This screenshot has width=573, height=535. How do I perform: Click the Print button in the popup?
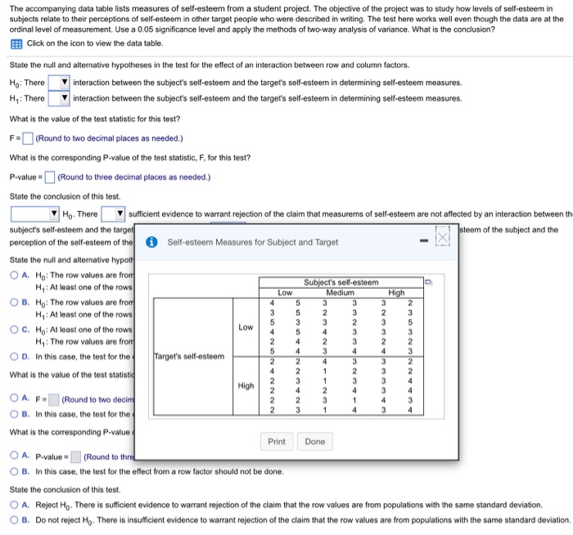pyautogui.click(x=277, y=441)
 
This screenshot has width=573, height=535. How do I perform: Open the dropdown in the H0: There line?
pyautogui.click(x=59, y=83)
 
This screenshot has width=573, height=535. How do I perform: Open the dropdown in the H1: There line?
pyautogui.click(x=59, y=98)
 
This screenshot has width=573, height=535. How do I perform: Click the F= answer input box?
pyautogui.click(x=27, y=137)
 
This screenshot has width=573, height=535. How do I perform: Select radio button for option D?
pyautogui.click(x=15, y=356)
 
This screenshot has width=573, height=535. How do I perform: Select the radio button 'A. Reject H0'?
pyautogui.click(x=15, y=505)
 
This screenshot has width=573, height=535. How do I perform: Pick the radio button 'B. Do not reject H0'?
pyautogui.click(x=15, y=519)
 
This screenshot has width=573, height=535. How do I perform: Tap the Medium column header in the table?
pyautogui.click(x=340, y=292)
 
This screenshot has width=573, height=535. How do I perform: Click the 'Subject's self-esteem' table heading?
pyautogui.click(x=341, y=282)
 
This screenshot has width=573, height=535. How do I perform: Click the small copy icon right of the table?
pyautogui.click(x=428, y=283)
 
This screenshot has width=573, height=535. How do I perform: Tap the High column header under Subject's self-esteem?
pyautogui.click(x=396, y=292)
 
